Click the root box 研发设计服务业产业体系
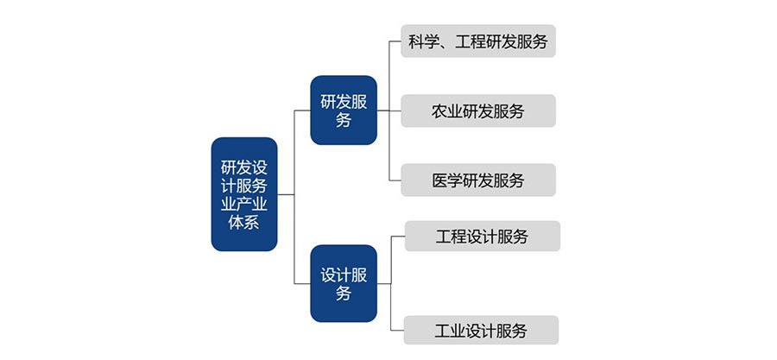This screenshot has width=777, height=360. point(244,194)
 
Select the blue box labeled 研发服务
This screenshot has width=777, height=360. point(344,110)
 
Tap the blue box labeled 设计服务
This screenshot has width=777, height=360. point(344,283)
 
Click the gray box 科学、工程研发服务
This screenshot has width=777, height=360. point(477,41)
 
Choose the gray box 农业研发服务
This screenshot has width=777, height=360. point(477,111)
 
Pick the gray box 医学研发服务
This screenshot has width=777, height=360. point(477,180)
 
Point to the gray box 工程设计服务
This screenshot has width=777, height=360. point(482,237)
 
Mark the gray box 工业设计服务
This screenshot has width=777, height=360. point(482,331)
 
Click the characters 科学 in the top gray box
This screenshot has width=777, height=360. point(422,41)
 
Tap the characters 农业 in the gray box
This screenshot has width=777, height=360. point(446,111)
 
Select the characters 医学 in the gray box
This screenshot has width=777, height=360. point(446,180)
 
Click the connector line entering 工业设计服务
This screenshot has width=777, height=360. point(398,331)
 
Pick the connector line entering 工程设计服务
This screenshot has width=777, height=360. point(398,237)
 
